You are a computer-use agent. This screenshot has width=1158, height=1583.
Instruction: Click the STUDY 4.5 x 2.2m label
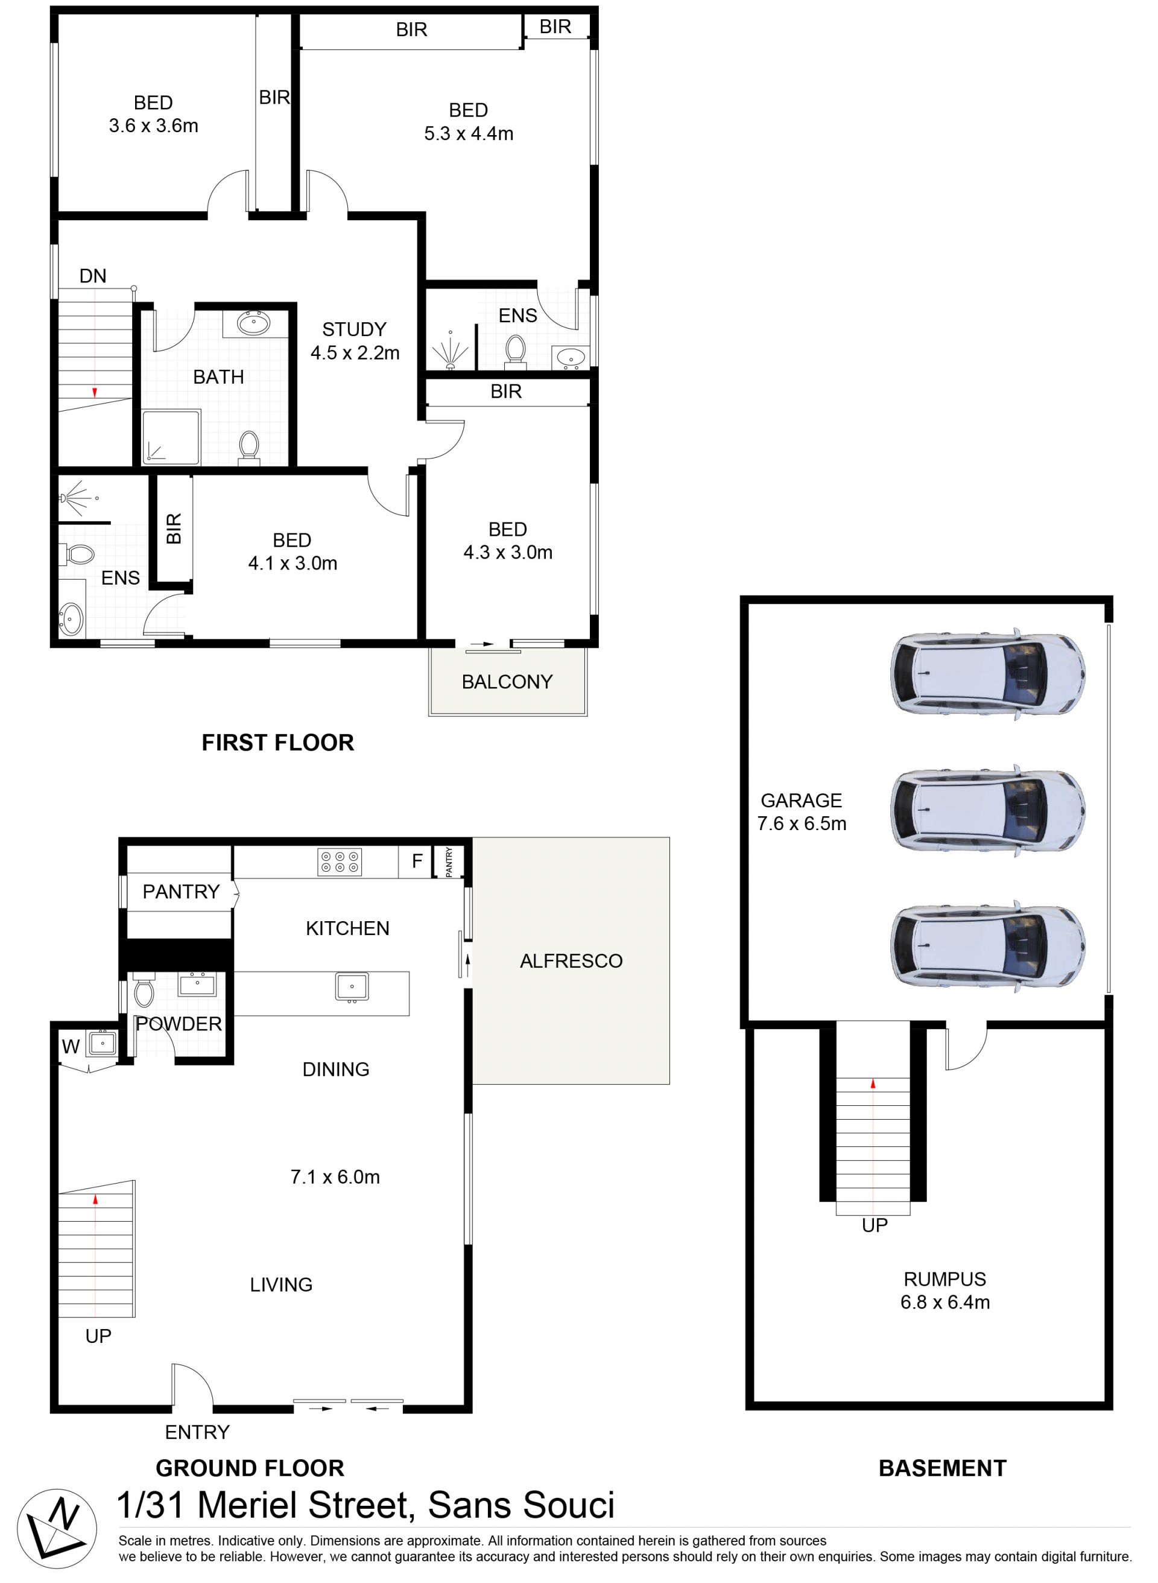355,341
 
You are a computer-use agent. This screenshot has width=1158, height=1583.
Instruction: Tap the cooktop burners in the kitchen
340,861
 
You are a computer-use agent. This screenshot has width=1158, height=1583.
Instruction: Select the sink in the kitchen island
351,987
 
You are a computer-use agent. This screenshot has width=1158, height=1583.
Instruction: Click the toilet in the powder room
144,991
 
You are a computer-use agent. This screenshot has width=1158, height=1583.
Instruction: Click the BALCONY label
507,682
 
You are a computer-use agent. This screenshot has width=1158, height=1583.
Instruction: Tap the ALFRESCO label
571,960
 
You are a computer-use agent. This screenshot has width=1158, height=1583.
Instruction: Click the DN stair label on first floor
92,276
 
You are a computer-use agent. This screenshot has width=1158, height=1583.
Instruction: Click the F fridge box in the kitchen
416,861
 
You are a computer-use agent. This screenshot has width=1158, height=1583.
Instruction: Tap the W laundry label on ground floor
71,1047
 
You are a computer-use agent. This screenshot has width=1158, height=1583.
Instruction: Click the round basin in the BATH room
253,323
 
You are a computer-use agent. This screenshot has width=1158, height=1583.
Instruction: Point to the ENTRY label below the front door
197,1432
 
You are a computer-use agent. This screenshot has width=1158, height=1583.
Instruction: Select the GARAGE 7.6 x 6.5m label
801,812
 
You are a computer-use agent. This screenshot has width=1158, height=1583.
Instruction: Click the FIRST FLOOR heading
277,743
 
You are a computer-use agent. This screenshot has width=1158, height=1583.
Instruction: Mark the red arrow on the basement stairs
873,1084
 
